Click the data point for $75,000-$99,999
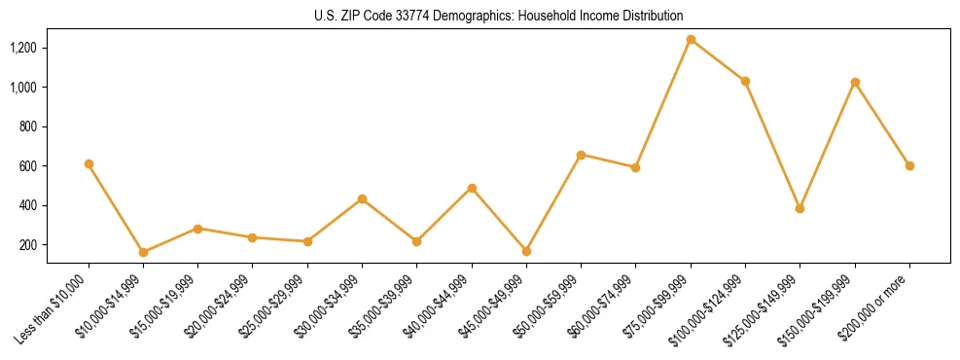pyautogui.click(x=691, y=40)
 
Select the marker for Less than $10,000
pyautogui.click(x=89, y=164)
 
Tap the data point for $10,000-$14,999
pyautogui.click(x=143, y=252)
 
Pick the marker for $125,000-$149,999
pyautogui.click(x=800, y=208)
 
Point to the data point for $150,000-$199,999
pyautogui.click(x=855, y=82)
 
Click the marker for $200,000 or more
pyautogui.click(x=909, y=165)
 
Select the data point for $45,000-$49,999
pyautogui.click(x=526, y=251)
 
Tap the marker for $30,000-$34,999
pyautogui.click(x=362, y=198)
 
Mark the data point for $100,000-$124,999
pyautogui.click(x=745, y=81)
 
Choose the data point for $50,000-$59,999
pyautogui.click(x=581, y=155)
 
